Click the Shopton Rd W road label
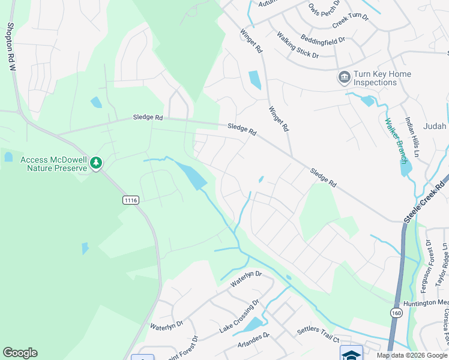10,47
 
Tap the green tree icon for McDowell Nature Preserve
96,163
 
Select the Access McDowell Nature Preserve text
53,164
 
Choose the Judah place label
435,126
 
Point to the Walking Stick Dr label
297,45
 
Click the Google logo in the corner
20,353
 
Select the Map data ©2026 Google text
412,355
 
